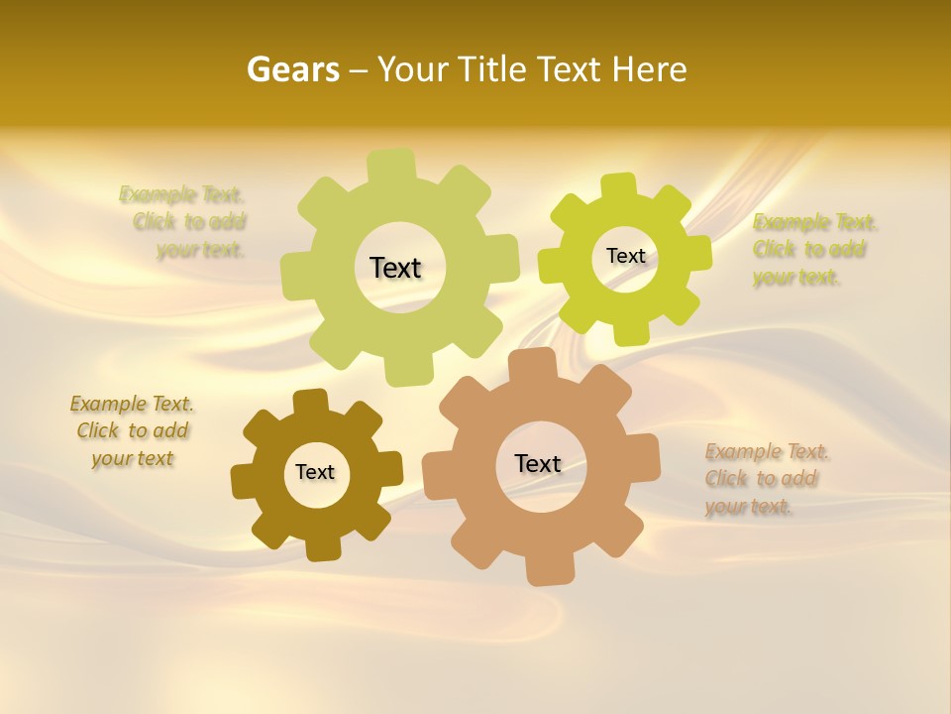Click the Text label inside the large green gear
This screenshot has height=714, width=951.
pos(395,268)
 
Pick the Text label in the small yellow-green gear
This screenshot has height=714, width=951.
pos(625,256)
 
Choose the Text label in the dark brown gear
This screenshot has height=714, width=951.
pos(315,472)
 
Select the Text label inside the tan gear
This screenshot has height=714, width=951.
pos(538,463)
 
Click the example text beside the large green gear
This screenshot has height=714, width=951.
pos(183,222)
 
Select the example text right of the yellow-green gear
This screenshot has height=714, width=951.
pos(814,250)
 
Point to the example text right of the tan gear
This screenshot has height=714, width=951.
pos(767,479)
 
